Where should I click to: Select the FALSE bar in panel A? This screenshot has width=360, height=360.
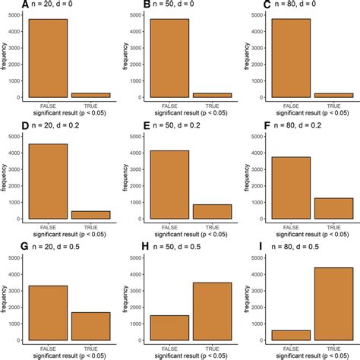click(49, 58)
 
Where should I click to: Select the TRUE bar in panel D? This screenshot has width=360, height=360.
click(91, 215)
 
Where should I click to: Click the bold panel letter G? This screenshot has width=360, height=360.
click(6, 247)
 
